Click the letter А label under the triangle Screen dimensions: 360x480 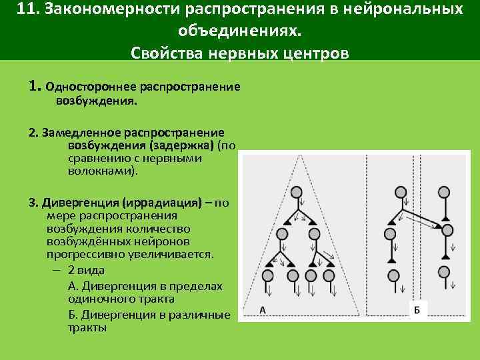click(x=263, y=309)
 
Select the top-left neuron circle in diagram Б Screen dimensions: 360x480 click(x=400, y=192)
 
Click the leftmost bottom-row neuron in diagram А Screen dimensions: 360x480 click(x=268, y=275)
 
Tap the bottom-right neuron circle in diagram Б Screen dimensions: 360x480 click(x=447, y=272)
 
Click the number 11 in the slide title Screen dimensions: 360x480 click(x=27, y=10)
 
